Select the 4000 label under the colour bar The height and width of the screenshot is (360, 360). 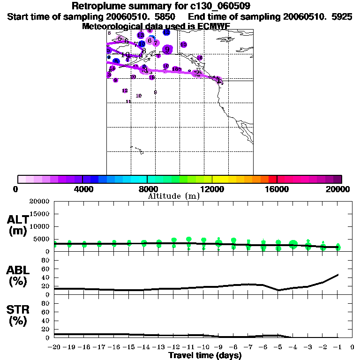82,189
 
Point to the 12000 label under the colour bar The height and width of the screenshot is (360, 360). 212,189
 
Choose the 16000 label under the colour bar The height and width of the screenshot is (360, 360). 277,189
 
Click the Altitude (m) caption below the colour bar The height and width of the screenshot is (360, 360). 173,196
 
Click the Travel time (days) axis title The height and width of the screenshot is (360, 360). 205,355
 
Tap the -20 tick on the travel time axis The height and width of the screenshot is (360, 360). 54,347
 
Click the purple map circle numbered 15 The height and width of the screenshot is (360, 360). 184,45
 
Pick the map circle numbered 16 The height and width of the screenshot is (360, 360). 200,58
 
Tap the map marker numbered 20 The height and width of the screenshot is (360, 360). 133,77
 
